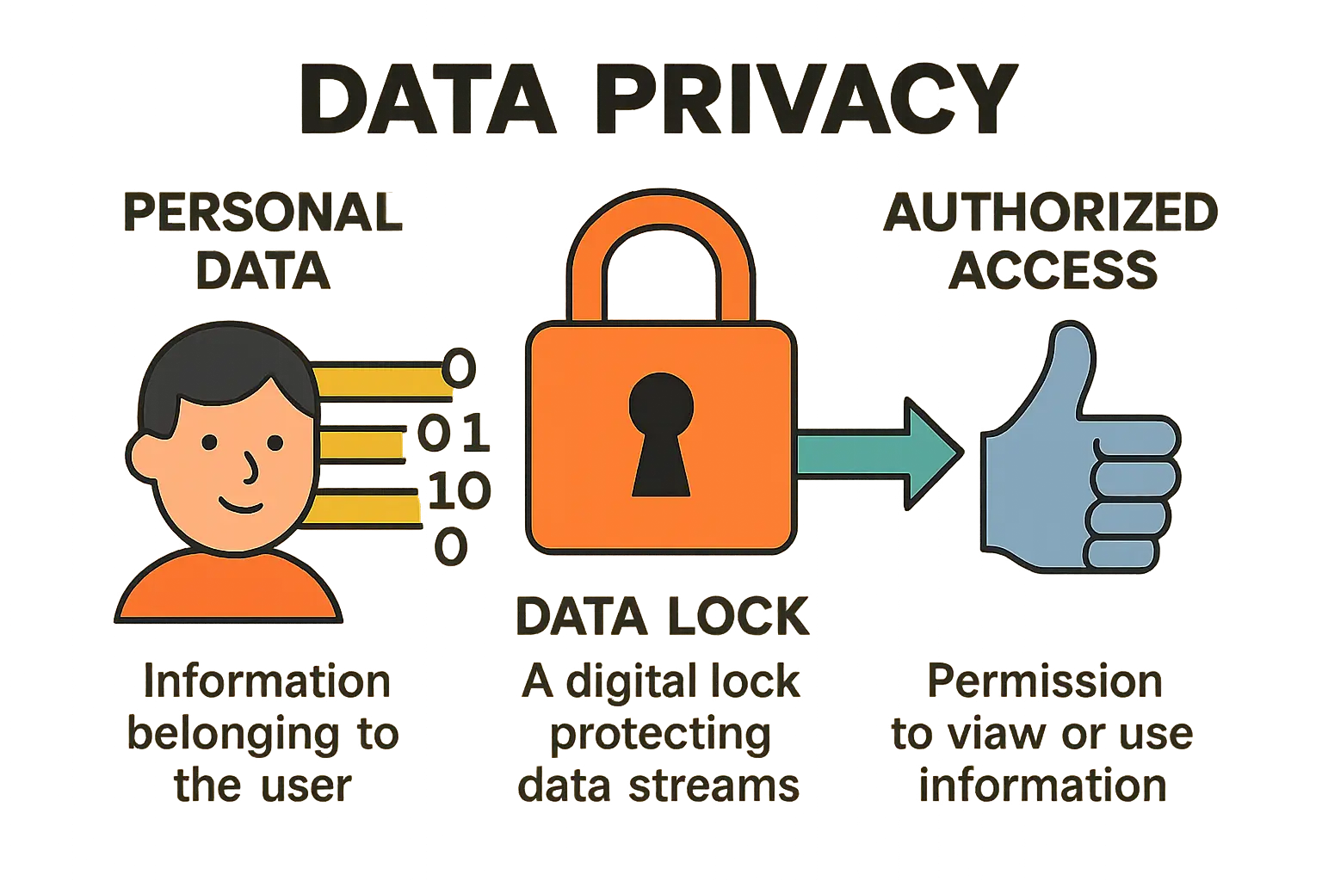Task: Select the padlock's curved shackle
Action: click(661, 250)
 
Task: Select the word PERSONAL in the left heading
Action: click(263, 213)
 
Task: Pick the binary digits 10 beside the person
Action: click(459, 490)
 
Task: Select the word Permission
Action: click(1045, 681)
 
